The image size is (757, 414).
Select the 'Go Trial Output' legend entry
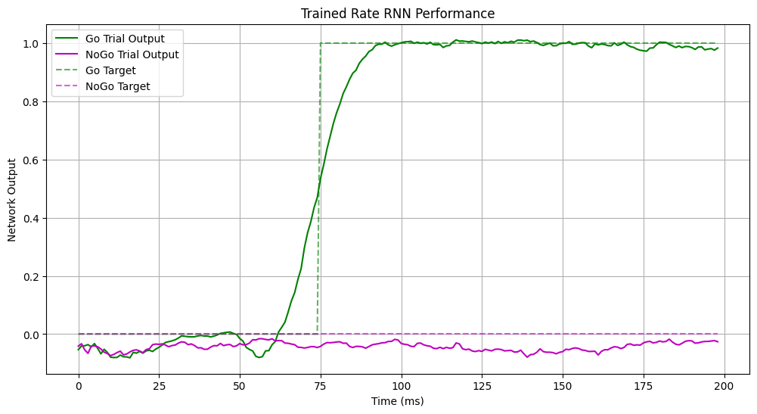125,38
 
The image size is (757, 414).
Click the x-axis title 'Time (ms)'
398,400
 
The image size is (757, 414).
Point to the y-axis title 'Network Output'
12,200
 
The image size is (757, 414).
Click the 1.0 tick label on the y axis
31,44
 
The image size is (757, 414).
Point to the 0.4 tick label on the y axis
31,218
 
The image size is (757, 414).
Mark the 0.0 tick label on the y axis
31,335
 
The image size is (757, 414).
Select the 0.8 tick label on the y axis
31,102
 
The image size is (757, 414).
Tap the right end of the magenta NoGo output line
717,342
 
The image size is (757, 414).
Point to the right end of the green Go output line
717,48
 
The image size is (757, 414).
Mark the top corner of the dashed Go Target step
321,43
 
